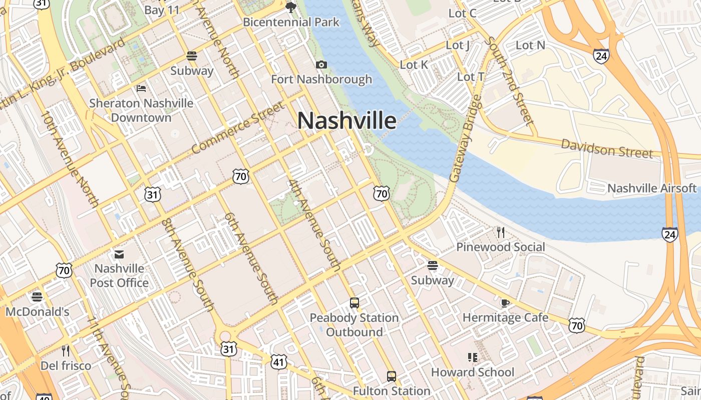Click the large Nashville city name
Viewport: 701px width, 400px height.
[347, 120]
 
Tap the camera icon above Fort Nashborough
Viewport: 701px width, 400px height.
[321, 64]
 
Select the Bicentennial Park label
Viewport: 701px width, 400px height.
[291, 22]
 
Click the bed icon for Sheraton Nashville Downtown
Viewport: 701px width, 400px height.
[141, 88]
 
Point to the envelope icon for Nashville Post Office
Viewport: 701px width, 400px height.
[119, 254]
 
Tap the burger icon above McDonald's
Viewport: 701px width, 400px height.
[37, 297]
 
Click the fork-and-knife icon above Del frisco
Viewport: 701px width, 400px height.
[66, 350]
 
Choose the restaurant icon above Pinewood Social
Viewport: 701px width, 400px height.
[500, 232]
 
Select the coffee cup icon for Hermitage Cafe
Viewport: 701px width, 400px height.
[505, 303]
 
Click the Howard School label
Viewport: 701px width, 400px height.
[473, 372]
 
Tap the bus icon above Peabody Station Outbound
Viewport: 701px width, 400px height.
[355, 303]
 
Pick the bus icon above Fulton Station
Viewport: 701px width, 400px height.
[392, 376]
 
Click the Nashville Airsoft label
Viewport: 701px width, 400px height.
[651, 188]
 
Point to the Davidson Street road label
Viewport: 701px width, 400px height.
[606, 148]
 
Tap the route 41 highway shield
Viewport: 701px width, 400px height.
[278, 362]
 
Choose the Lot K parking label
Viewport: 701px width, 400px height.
[414, 64]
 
